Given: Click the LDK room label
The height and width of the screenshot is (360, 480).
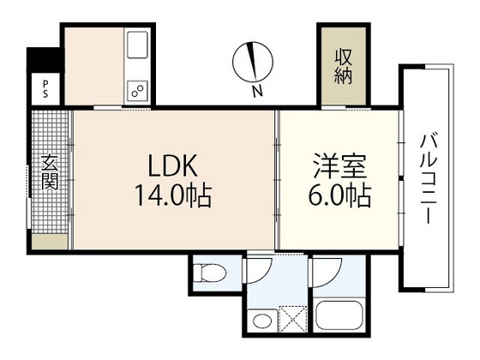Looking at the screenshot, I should click(x=179, y=164).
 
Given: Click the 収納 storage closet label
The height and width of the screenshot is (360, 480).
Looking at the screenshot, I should click(x=345, y=65).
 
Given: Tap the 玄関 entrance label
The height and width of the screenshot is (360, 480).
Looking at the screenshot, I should click(x=51, y=171).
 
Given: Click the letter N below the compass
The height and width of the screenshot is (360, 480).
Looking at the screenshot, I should click(x=257, y=89).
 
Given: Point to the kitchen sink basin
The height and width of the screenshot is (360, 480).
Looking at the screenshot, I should click(x=138, y=45).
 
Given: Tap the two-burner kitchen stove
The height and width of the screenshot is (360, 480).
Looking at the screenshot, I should click(x=137, y=88).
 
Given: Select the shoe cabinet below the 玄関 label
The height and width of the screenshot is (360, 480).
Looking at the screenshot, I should click(x=51, y=241).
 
